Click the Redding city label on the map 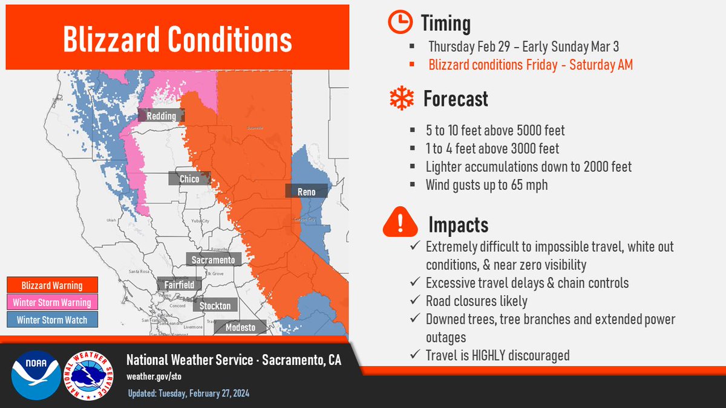(161, 116)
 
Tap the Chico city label (189, 179)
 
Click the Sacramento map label (213, 259)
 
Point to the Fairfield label (178, 284)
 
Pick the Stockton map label (215, 306)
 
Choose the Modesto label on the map (240, 328)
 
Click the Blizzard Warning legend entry (52, 285)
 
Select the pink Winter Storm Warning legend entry (52, 303)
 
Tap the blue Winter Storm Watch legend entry (52, 320)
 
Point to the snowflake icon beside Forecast (400, 99)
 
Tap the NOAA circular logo (36, 375)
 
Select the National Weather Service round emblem (91, 375)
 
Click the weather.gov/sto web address (154, 376)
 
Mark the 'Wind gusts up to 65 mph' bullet (486, 185)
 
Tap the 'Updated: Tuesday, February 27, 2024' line (188, 393)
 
